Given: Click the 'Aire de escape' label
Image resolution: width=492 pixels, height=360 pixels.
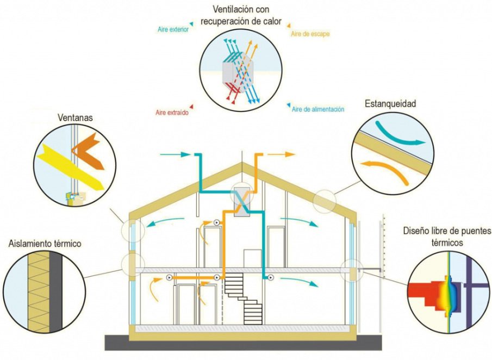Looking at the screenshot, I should pos(310,34).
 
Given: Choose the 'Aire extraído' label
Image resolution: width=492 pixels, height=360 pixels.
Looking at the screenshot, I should pos(171,113).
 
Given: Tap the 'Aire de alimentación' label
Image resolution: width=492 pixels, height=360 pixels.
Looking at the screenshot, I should pos(318,109).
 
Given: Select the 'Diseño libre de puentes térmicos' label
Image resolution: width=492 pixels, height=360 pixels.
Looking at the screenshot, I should pos(447,237).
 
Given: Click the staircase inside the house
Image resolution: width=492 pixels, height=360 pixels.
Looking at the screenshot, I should pos(243,296).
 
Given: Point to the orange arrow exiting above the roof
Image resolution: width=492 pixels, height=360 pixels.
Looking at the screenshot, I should pos(282,154).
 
